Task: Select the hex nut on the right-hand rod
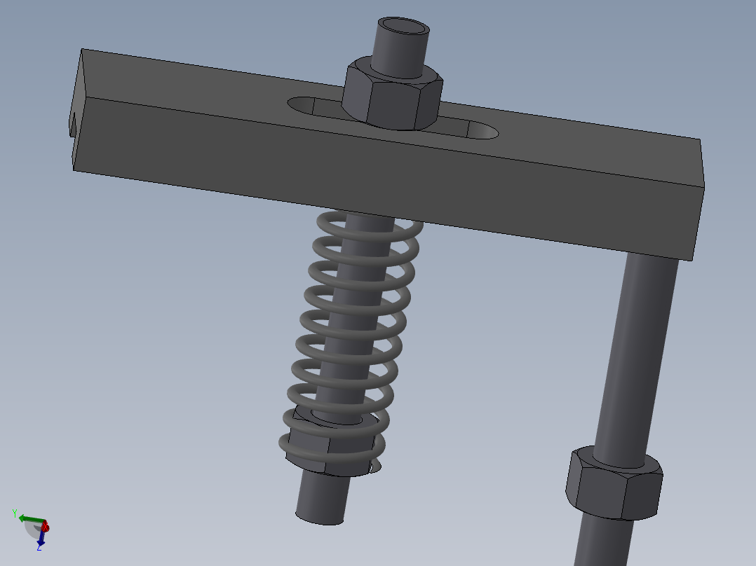click(613, 485)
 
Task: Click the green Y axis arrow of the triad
click(28, 519)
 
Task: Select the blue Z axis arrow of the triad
click(41, 538)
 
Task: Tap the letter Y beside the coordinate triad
click(14, 513)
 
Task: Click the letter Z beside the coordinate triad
click(38, 548)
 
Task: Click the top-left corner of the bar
click(83, 50)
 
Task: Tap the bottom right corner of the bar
click(693, 260)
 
